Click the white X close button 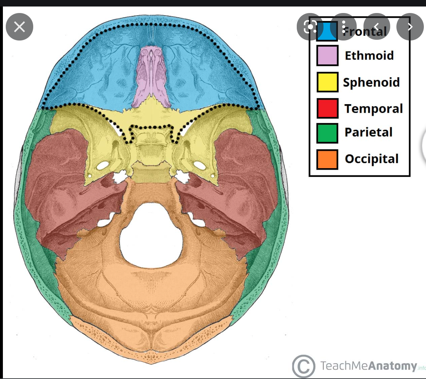click(x=19, y=26)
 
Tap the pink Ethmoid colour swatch click(x=327, y=55)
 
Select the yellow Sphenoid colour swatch click(x=327, y=82)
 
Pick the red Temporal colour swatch click(x=327, y=108)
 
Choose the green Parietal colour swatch click(x=327, y=133)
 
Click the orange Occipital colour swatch click(x=327, y=159)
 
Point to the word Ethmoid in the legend click(x=369, y=56)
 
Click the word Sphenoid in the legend click(x=371, y=82)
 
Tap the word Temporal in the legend click(x=373, y=108)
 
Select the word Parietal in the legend click(x=368, y=132)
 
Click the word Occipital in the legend click(x=371, y=159)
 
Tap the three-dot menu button click(x=343, y=26)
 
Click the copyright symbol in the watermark click(x=303, y=366)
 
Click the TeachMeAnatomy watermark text click(x=368, y=366)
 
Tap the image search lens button click(x=310, y=26)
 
